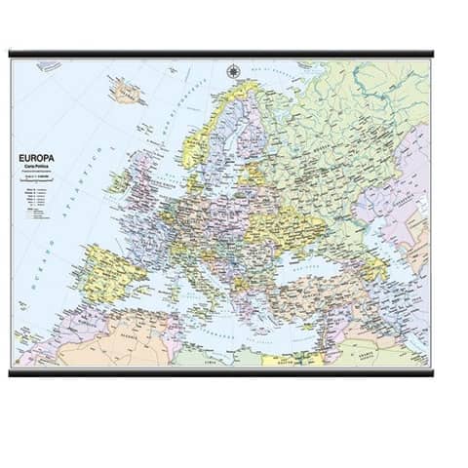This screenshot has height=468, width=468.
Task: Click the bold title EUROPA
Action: [x=37, y=156]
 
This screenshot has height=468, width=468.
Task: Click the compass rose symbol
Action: [x=233, y=71]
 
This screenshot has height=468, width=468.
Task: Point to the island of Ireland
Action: [x=120, y=181]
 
